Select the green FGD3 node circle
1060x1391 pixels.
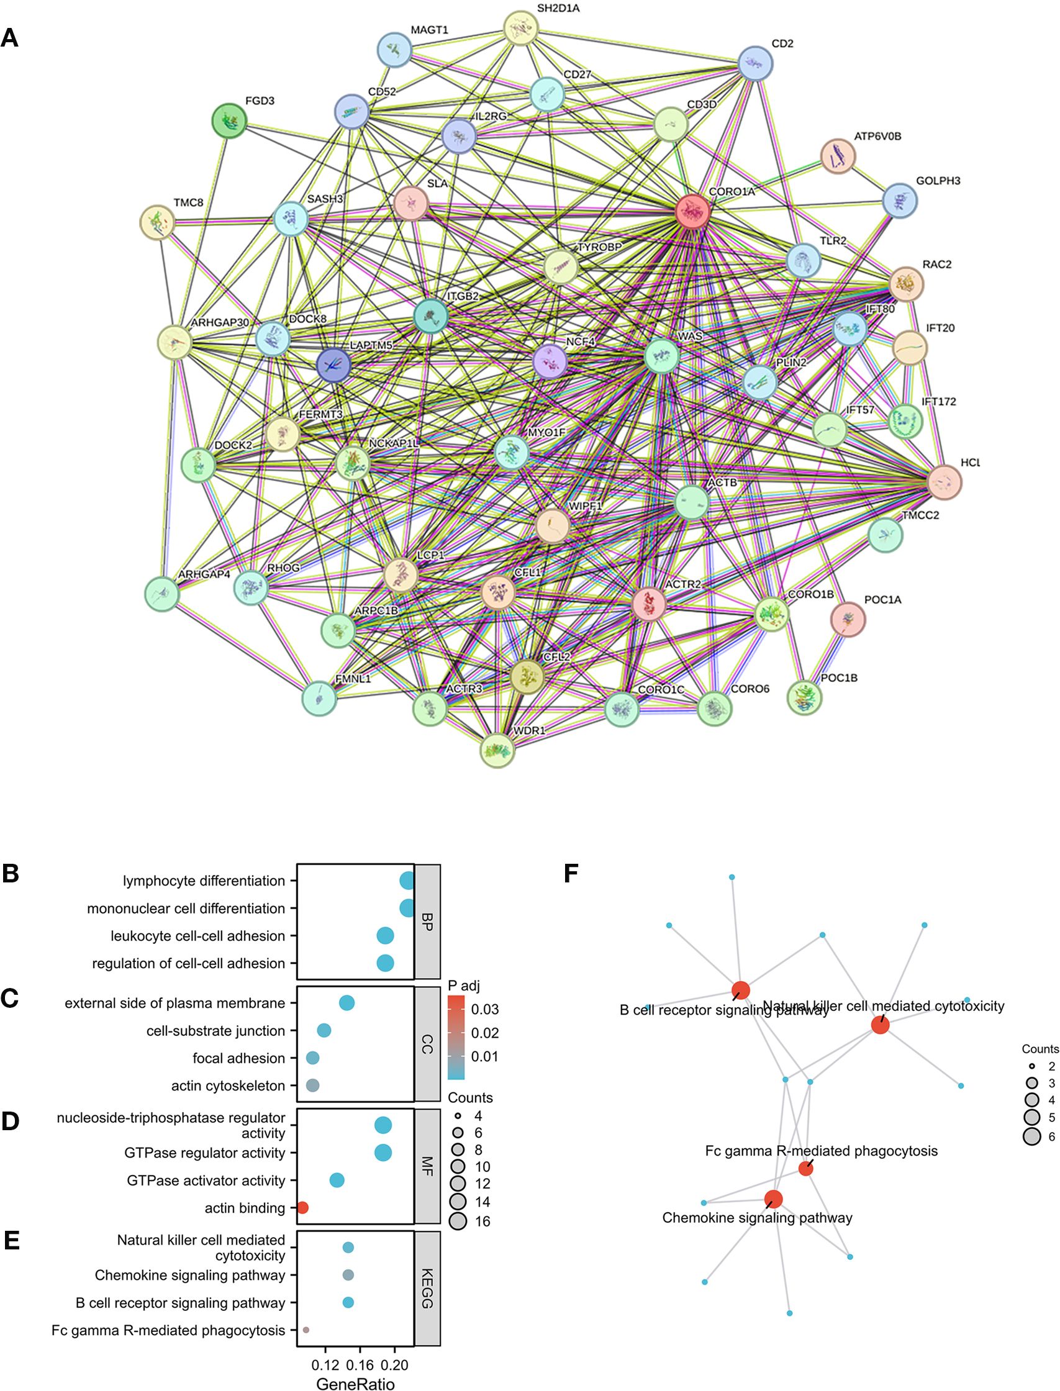(x=229, y=120)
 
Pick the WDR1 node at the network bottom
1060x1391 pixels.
(x=497, y=750)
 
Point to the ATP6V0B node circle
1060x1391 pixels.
(x=838, y=156)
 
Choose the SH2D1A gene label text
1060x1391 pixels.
(x=558, y=9)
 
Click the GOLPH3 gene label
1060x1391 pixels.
(x=938, y=181)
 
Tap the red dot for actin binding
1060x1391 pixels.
(x=302, y=1208)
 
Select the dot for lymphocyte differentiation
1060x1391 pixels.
(x=407, y=881)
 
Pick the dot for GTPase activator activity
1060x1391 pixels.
(x=337, y=1180)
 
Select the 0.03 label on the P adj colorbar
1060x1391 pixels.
(x=484, y=1009)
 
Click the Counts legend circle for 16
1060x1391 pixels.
(x=458, y=1221)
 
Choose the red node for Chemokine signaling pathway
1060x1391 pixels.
(x=773, y=1199)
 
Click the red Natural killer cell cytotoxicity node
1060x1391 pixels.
(x=879, y=1025)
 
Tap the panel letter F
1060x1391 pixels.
(x=571, y=874)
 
